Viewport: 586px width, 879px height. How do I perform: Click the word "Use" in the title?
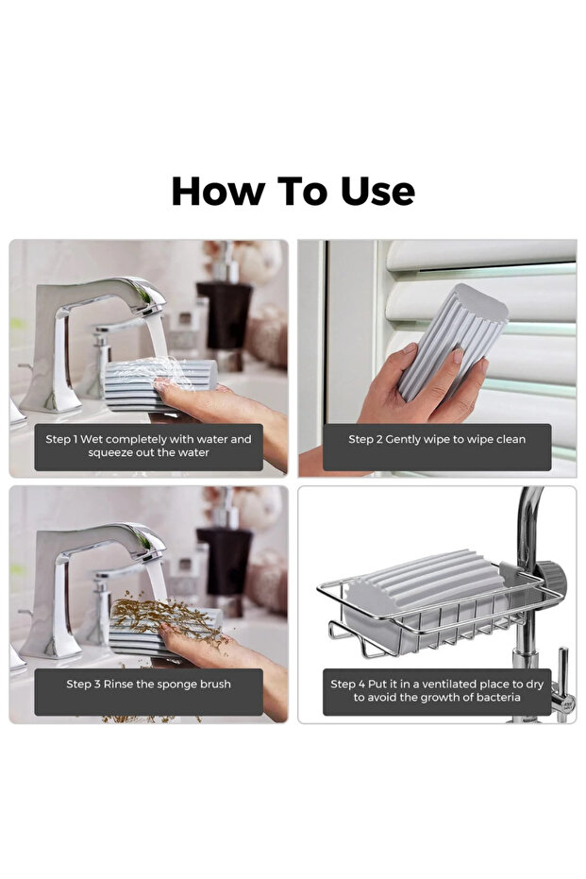[377, 191]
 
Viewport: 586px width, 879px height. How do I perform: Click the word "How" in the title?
[218, 191]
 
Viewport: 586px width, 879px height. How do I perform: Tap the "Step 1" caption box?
[148, 447]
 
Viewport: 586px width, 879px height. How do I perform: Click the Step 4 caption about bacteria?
[437, 692]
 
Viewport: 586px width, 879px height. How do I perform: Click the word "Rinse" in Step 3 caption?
[118, 684]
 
